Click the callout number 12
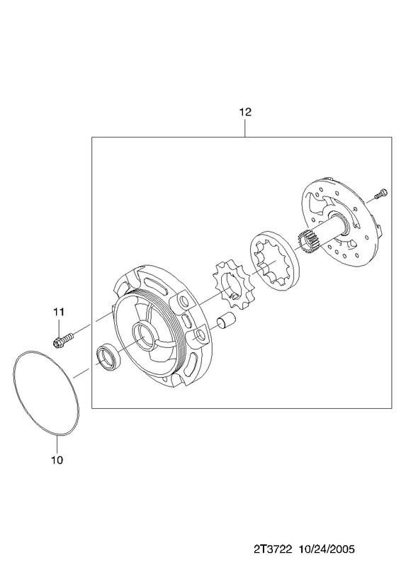(x=244, y=112)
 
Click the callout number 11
(x=59, y=311)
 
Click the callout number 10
(x=57, y=460)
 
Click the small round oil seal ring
(x=107, y=358)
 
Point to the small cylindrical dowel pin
(x=226, y=320)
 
